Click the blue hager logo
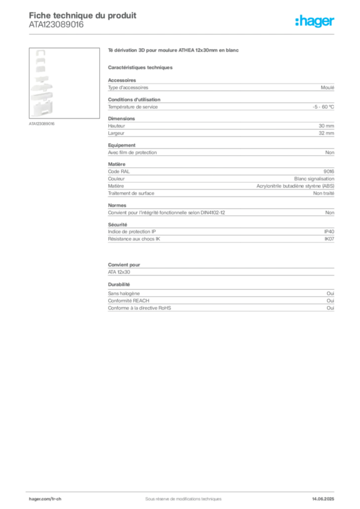coord(316,22)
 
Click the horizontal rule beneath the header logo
coord(183,34)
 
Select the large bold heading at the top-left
coord(82,14)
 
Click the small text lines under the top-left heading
coord(55,27)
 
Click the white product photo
coord(41,84)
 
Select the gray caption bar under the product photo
coord(41,123)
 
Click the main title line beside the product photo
coord(175,51)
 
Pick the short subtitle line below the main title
coord(141,66)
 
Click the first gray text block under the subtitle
coord(220,86)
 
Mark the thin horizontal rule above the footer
coord(183,490)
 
